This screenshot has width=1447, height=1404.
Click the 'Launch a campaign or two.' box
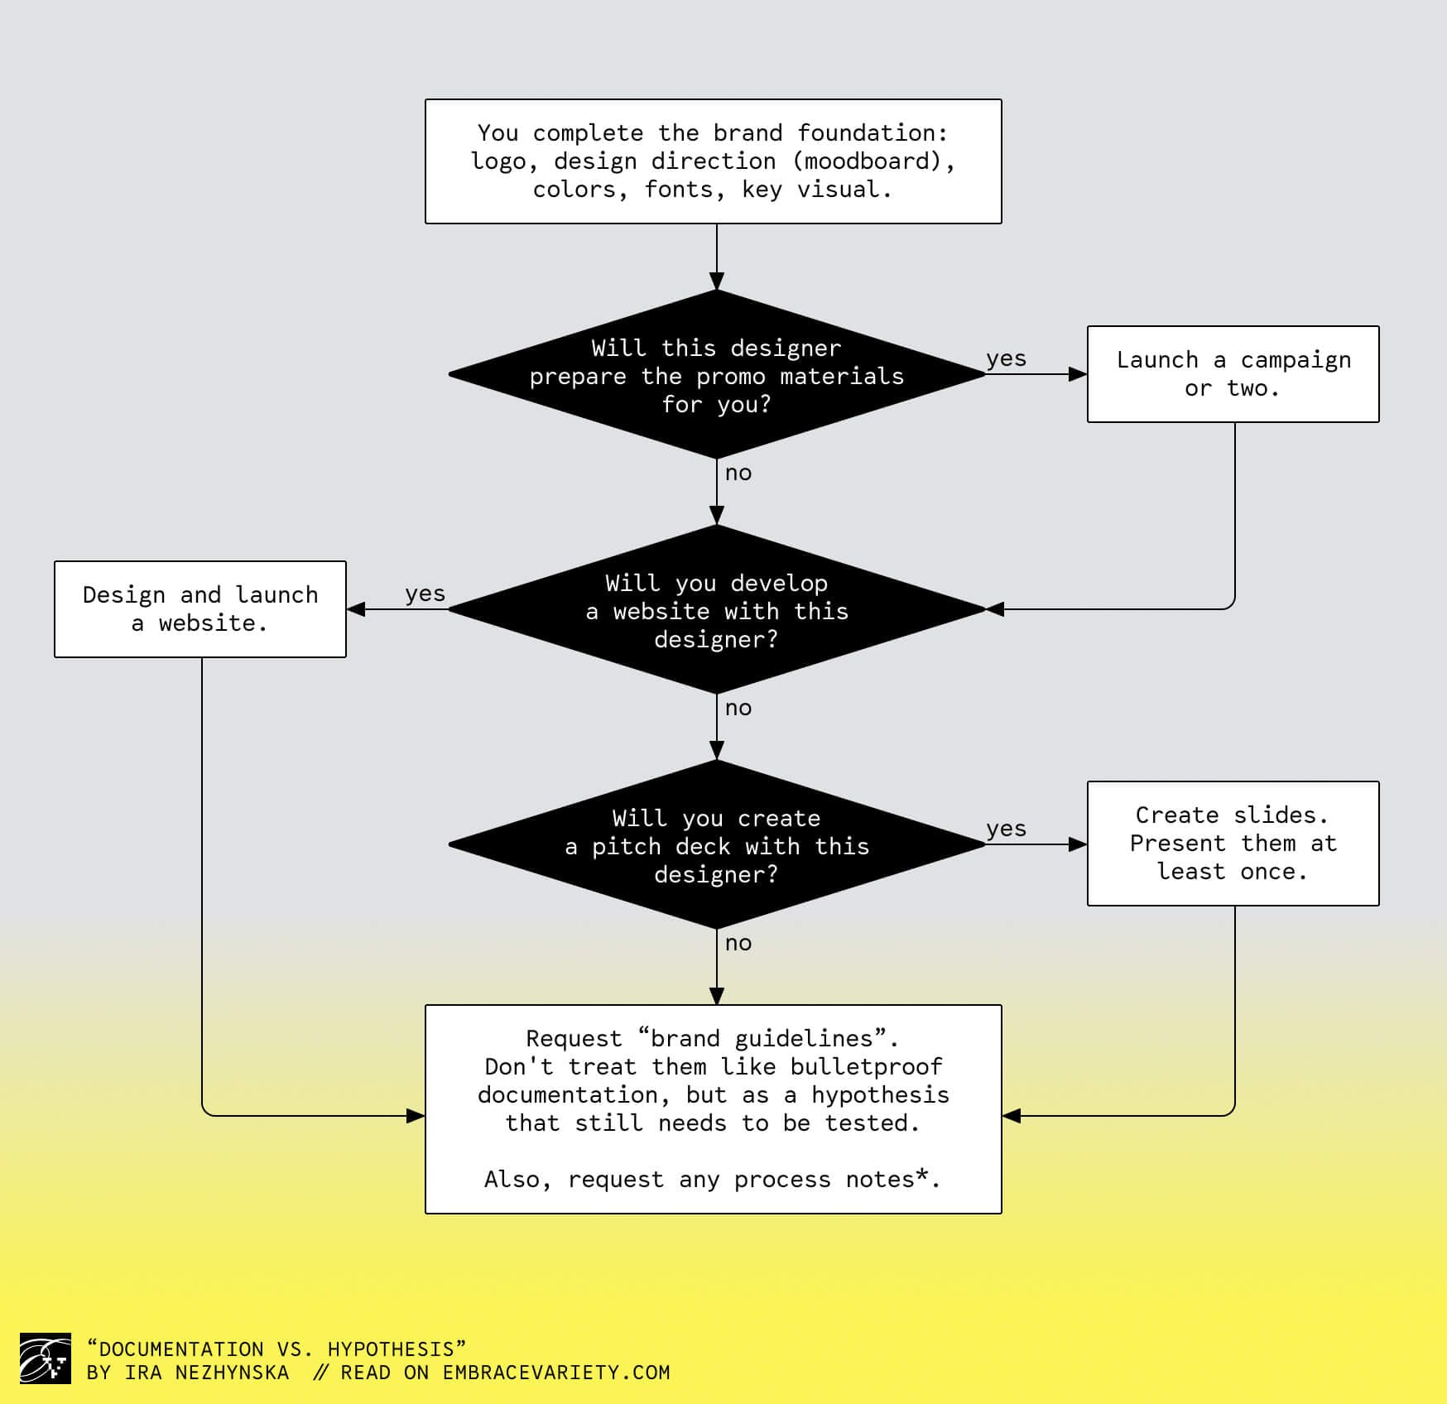[1233, 374]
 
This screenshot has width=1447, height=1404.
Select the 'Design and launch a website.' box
[200, 609]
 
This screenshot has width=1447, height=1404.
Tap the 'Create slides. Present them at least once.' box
[1233, 844]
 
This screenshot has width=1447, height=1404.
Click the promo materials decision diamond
[717, 375]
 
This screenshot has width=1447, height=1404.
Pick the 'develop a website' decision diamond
[717, 610]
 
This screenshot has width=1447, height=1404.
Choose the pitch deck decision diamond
[717, 845]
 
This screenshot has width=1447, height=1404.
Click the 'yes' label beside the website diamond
[425, 594]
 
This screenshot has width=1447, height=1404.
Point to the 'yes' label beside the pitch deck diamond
[1006, 829]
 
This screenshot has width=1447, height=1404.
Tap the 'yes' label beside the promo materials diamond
[1006, 358]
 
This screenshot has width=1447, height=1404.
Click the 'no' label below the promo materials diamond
[738, 474]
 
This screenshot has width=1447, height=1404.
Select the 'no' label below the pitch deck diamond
[738, 944]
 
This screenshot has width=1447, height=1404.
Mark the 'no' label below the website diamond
[738, 709]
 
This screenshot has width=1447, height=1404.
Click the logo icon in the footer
[45, 1358]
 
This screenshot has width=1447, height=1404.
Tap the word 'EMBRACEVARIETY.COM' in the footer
[556, 1373]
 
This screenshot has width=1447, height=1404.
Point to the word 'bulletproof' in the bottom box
[866, 1066]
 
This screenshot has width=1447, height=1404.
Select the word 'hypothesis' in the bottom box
[880, 1095]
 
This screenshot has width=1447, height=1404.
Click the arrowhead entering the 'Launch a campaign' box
[1078, 374]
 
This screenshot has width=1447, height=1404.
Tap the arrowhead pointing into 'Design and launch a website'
[356, 609]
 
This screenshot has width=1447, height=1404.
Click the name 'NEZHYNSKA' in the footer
[232, 1373]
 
